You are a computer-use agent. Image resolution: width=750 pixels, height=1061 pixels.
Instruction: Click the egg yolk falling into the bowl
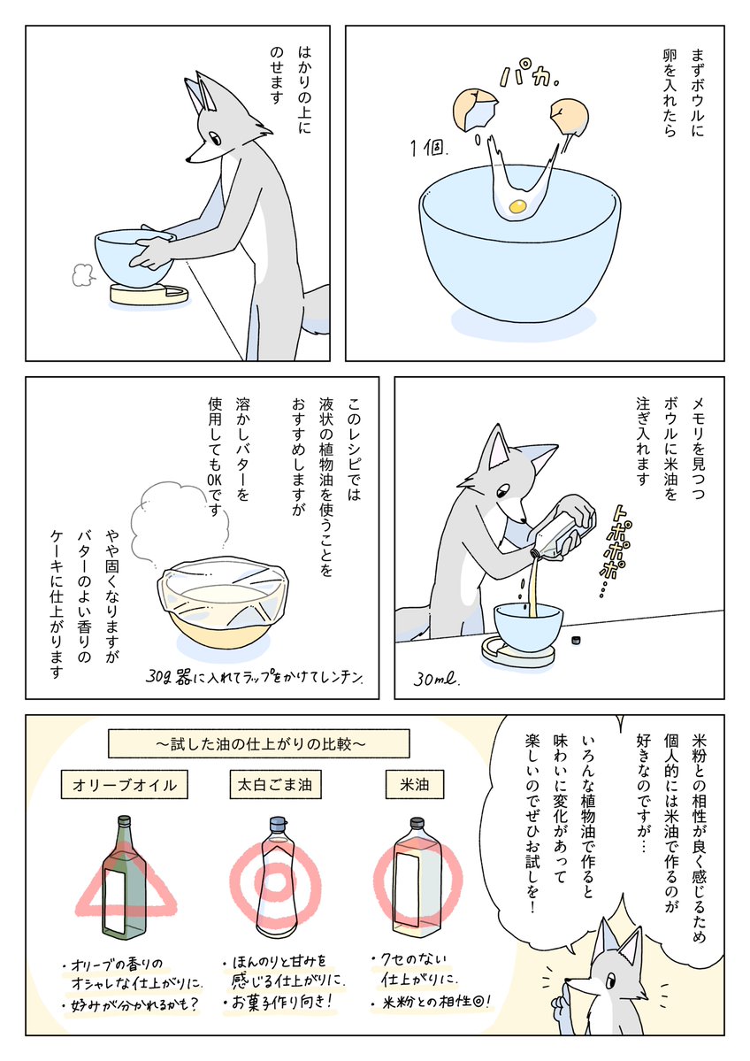[517, 206]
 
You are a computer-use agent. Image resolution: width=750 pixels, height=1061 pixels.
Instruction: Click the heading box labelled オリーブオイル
[124, 783]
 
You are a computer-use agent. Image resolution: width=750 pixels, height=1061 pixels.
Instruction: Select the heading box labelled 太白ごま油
[276, 783]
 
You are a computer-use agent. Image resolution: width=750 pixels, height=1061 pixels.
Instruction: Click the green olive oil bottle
[123, 876]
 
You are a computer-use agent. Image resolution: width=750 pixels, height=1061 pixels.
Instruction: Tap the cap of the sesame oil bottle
[277, 820]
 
